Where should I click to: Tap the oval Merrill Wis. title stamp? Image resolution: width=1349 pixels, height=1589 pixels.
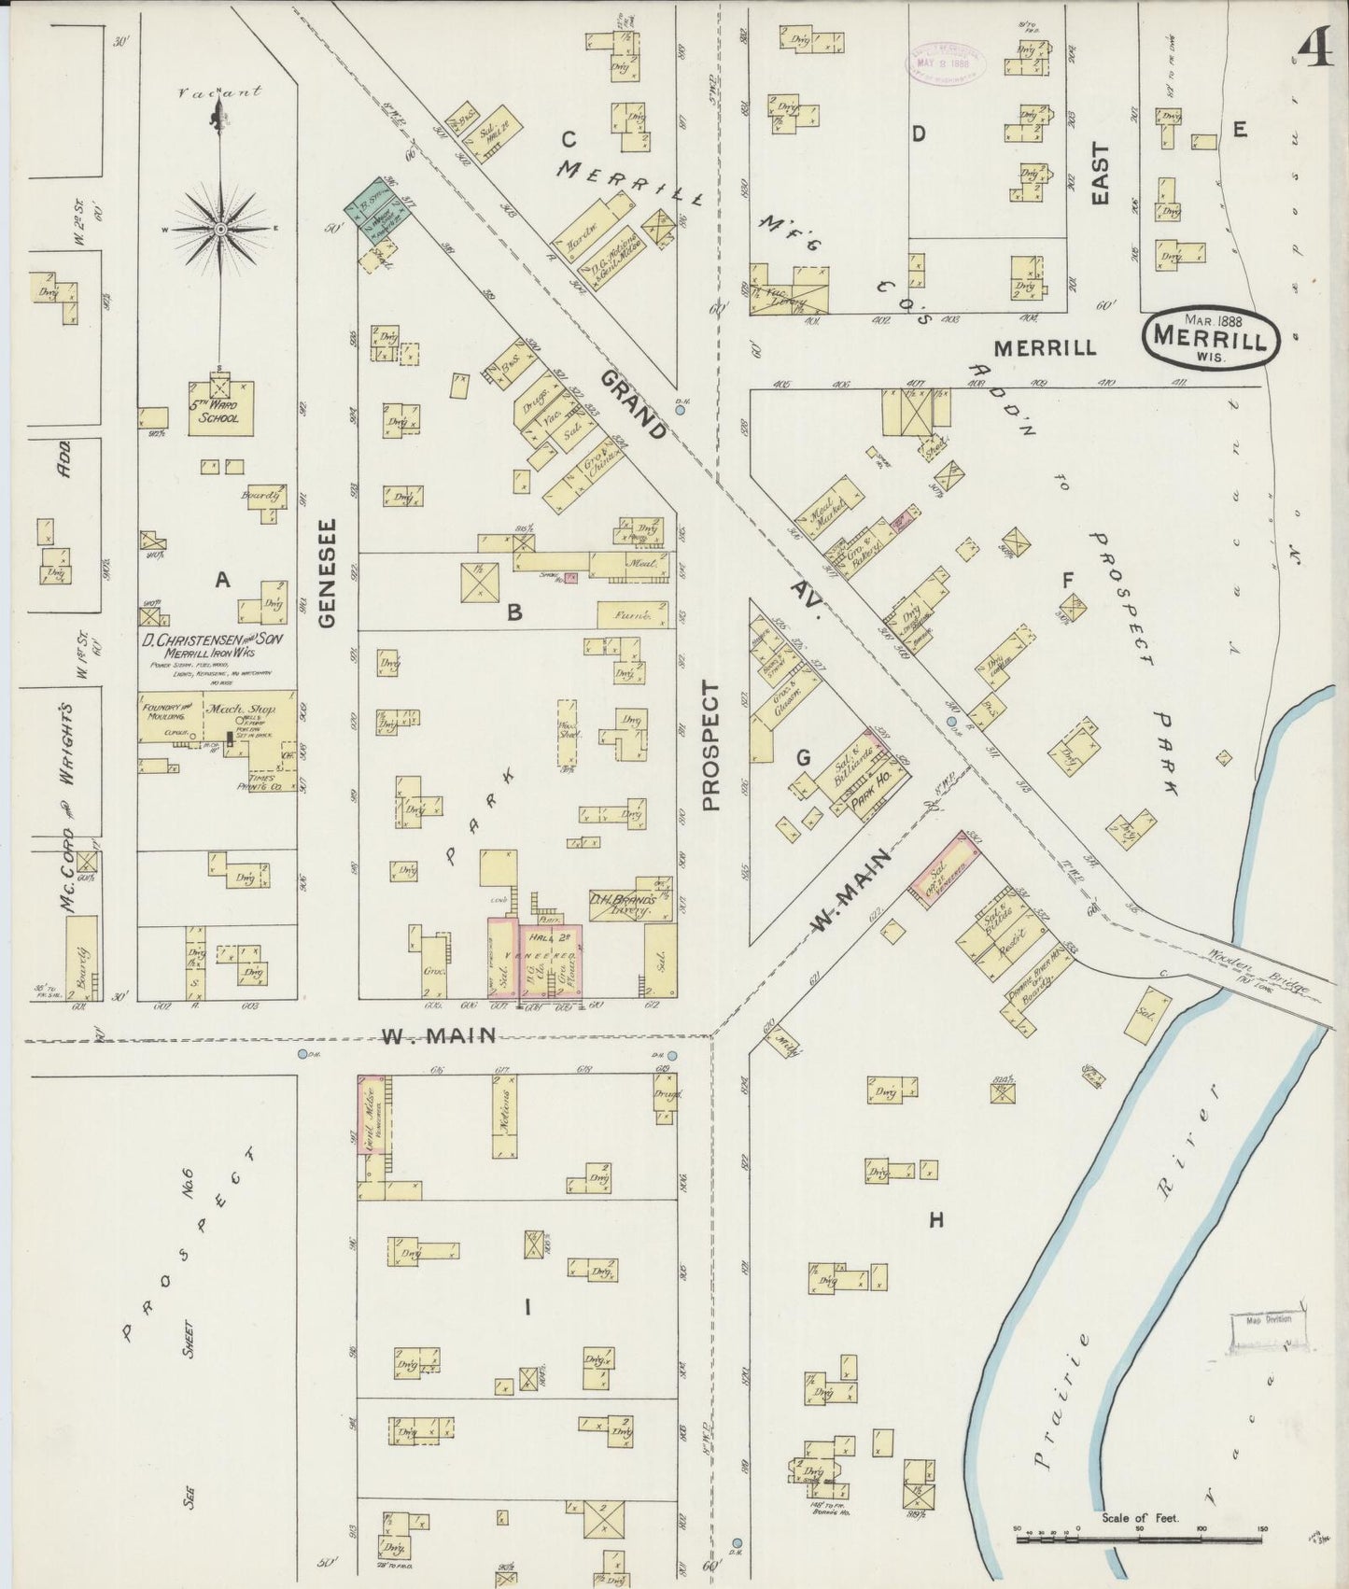point(1210,338)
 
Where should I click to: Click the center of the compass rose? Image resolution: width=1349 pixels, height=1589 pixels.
point(221,228)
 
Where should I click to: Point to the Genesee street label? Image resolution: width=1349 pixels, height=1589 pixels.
point(327,572)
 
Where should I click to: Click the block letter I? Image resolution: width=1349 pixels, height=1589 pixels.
point(527,1307)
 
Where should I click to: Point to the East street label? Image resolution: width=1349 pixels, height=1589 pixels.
point(1100,174)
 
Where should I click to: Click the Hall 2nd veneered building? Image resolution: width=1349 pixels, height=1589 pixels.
point(551,962)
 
